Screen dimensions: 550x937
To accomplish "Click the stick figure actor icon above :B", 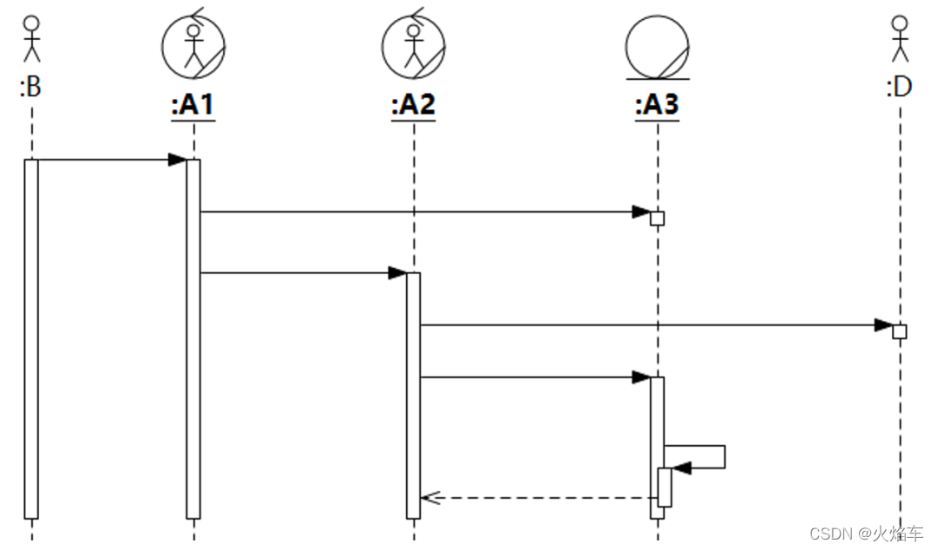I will tap(31, 39).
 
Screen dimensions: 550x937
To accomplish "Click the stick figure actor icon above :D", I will tap(900, 39).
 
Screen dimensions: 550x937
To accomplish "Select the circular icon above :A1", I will tap(193, 46).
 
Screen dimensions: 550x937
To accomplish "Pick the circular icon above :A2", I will tap(414, 46).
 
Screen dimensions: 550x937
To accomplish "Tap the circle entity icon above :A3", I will tap(658, 47).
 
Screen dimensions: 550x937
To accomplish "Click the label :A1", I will tap(193, 106).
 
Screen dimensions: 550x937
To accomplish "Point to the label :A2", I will tap(413, 106).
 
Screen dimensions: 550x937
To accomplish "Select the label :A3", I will tap(657, 106).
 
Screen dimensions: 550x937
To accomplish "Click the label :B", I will tap(30, 87).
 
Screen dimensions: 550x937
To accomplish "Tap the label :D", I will tap(900, 87).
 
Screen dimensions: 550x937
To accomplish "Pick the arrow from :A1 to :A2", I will tap(299, 273).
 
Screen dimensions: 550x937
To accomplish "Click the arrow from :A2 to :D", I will tap(651, 325).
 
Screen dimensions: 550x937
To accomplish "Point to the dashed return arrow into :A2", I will tap(538, 498).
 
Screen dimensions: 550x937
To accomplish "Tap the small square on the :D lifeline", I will tap(900, 331).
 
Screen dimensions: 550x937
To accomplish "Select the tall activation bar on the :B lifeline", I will tap(31, 338).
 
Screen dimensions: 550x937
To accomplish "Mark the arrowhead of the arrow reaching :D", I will tap(884, 325).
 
